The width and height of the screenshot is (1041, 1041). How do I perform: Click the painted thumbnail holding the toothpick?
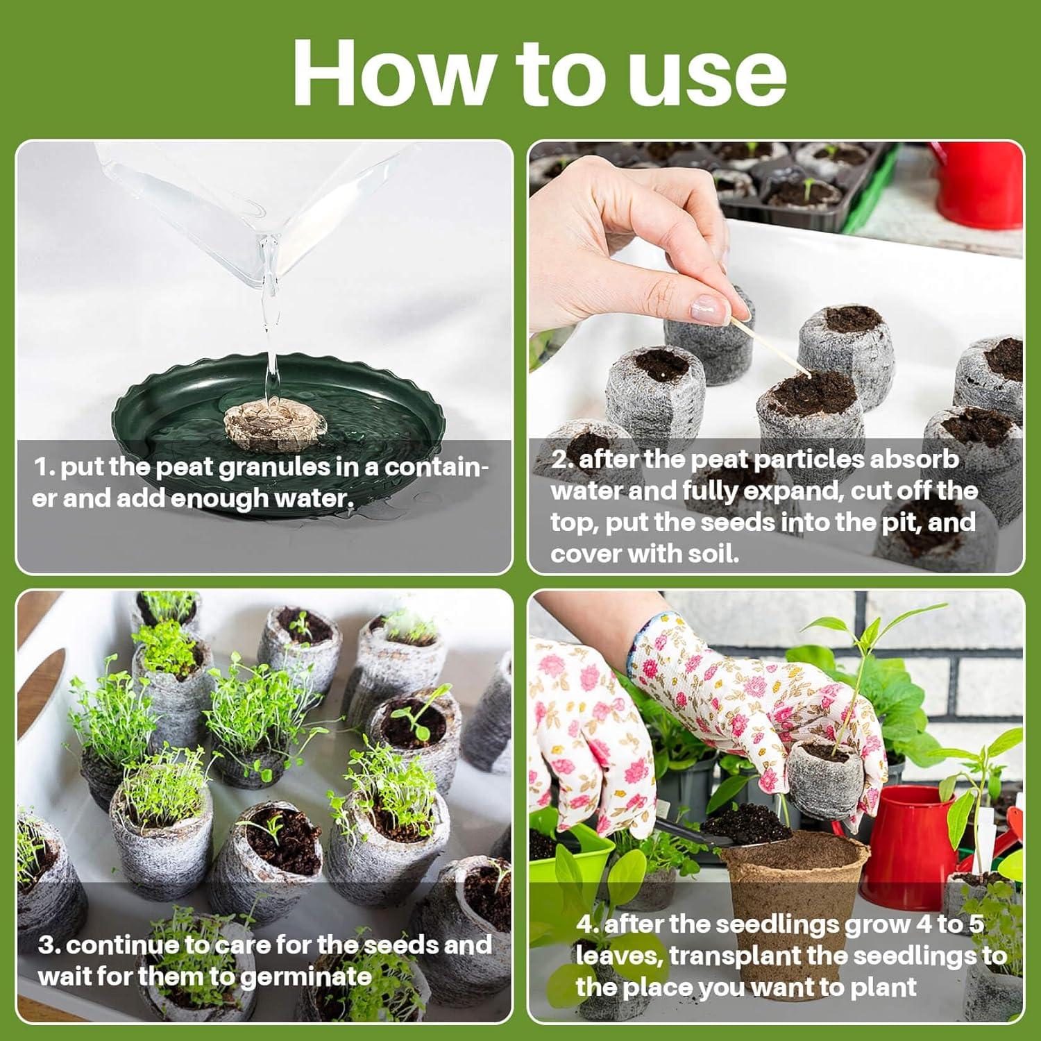pos(709,308)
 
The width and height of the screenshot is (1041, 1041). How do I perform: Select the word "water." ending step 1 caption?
pos(315,498)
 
